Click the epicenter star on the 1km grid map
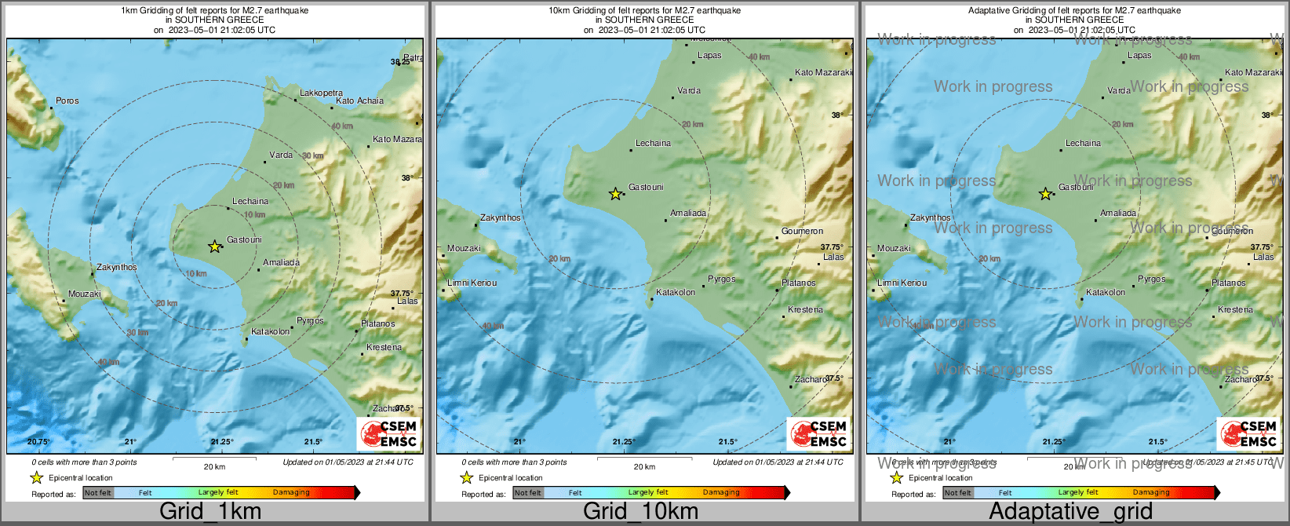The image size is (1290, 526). (214, 247)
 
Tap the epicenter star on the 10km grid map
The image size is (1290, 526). (616, 193)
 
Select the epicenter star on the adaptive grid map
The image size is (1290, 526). (1045, 193)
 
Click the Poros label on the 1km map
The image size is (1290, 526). (67, 100)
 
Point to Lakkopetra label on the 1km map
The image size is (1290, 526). (321, 93)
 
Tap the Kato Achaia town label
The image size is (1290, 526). (359, 100)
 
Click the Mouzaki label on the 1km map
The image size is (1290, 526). (84, 294)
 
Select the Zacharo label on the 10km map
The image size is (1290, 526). (810, 379)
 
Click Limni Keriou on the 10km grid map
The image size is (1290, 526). (472, 283)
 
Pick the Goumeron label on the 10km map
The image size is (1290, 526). (802, 231)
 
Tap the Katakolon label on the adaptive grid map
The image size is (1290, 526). (1105, 292)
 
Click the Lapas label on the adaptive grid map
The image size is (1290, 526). (1139, 55)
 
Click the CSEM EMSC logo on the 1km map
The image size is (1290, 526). (388, 433)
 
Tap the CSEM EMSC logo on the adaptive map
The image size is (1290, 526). (1248, 433)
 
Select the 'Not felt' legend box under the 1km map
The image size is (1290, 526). (98, 493)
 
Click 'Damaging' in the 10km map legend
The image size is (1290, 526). (721, 493)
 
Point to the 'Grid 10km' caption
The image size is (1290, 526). (640, 511)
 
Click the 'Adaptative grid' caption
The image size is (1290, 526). (1070, 511)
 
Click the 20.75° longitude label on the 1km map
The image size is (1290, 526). (38, 442)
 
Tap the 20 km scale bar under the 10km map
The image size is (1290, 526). (644, 460)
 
